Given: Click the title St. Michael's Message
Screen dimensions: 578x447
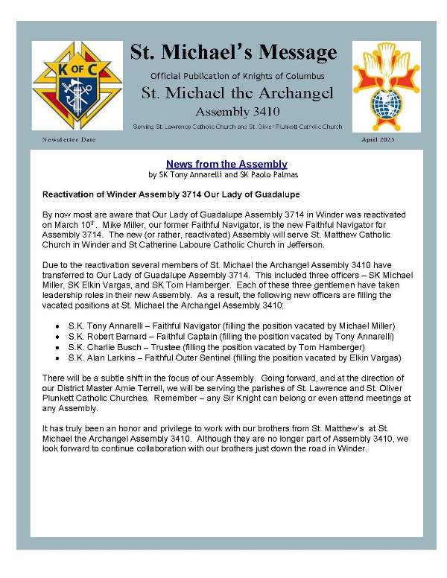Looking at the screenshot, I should point(233,52).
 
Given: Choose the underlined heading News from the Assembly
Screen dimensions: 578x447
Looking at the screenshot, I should point(226,164).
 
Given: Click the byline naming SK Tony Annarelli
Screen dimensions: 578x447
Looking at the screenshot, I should point(226,175).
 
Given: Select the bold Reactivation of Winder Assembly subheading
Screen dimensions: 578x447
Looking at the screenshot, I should point(171,195).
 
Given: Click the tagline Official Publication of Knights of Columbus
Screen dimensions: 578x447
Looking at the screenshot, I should point(237,76).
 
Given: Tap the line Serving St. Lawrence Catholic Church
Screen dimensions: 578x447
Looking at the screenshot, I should point(237,127).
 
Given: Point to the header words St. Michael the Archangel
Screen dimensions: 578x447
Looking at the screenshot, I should point(237,93).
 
